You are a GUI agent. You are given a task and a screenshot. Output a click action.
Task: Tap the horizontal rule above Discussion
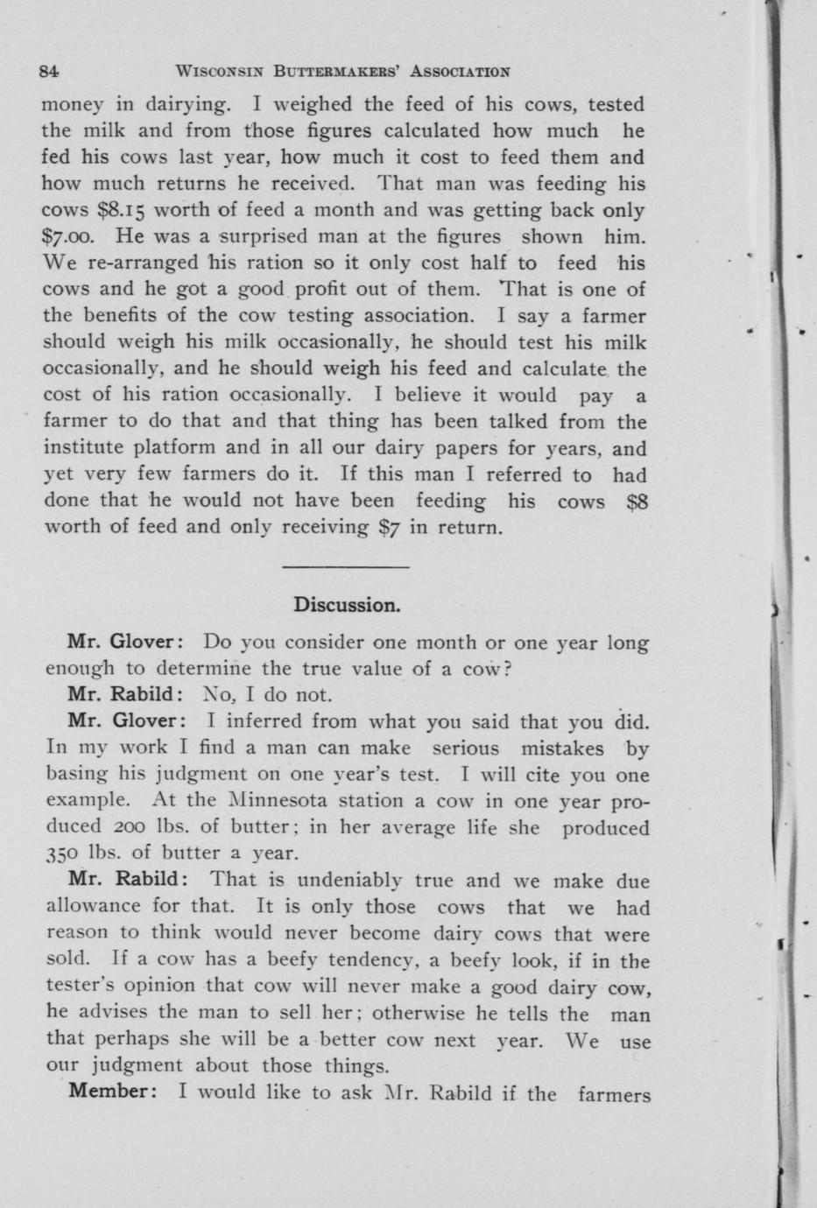tap(348, 567)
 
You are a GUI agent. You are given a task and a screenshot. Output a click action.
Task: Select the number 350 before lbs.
tap(61, 853)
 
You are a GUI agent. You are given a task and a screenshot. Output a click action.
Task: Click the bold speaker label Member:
tap(112, 1092)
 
